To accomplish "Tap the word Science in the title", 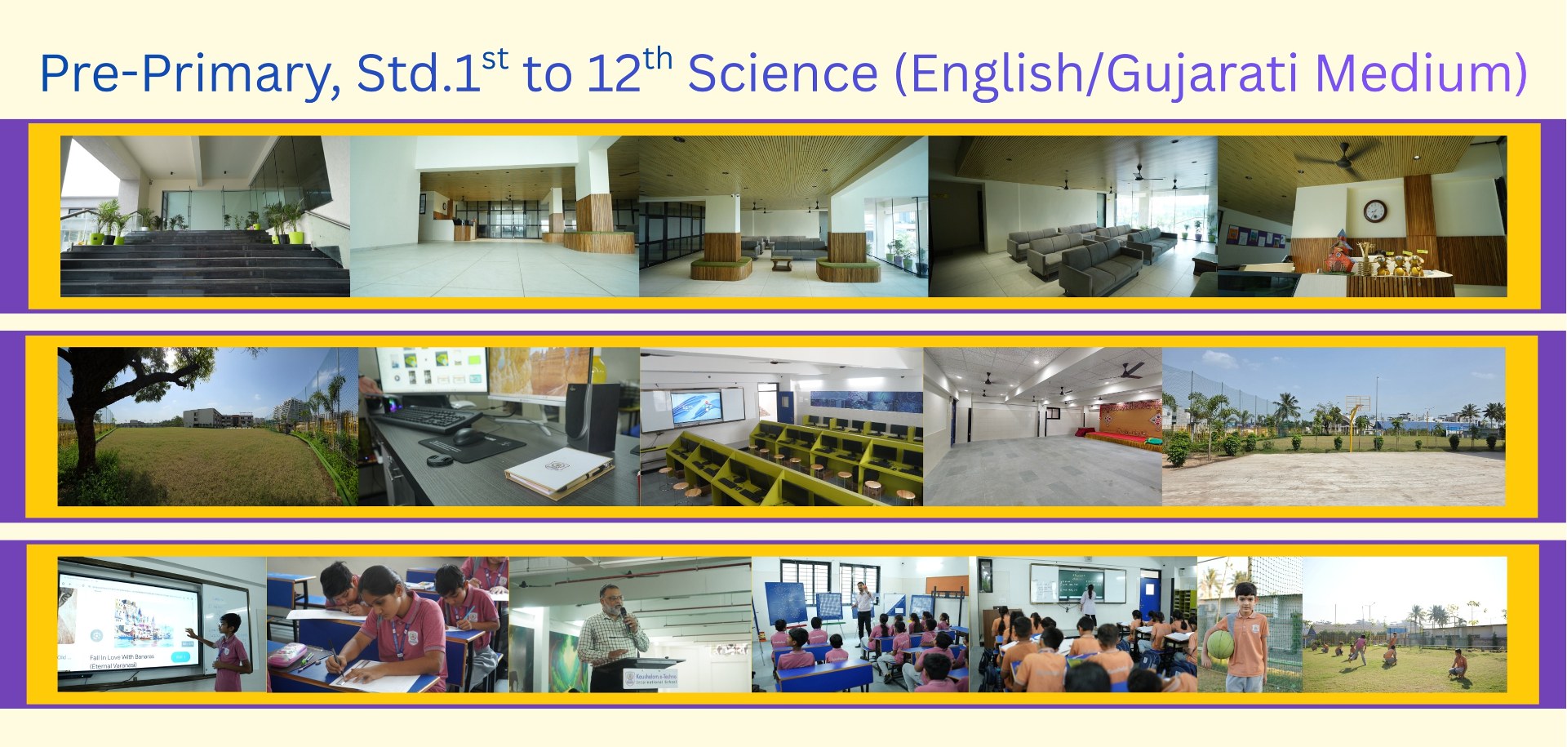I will click(782, 73).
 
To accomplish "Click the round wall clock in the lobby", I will click(1374, 211).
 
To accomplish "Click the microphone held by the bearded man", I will click(624, 614).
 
